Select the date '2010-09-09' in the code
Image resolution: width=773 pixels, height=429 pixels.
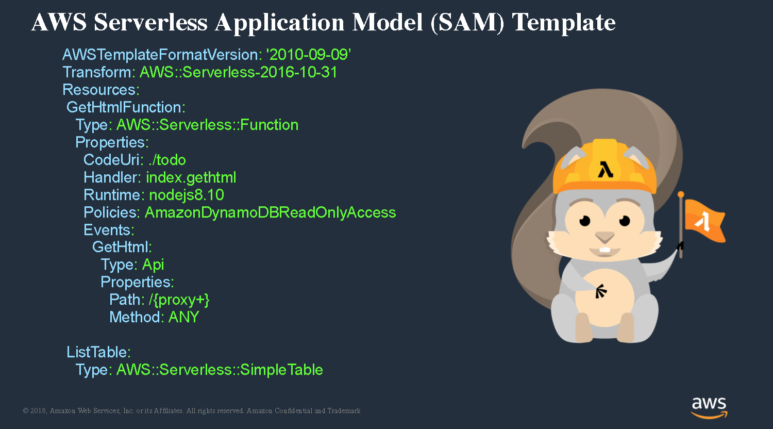click(309, 55)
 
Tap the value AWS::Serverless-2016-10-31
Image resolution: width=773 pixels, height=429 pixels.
click(239, 72)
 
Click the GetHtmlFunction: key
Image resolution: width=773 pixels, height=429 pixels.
click(126, 107)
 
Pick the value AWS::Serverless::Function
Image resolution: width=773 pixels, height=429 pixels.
click(207, 125)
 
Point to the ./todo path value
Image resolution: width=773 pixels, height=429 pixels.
click(167, 160)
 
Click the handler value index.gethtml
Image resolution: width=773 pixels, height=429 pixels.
click(191, 178)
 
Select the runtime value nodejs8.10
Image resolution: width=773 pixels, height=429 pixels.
click(187, 195)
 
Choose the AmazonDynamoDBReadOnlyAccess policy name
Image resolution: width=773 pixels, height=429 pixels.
click(270, 213)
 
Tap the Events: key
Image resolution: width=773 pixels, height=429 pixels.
click(109, 230)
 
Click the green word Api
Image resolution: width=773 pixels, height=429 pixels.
click(153, 265)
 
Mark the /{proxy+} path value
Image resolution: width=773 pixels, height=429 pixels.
click(179, 300)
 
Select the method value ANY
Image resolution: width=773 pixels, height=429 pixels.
click(183, 317)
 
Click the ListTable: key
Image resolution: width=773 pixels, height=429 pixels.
click(99, 352)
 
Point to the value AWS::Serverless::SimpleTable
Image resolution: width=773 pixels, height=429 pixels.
click(220, 370)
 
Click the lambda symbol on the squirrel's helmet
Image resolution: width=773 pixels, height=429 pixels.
click(606, 170)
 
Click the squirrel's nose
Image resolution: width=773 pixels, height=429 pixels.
click(605, 237)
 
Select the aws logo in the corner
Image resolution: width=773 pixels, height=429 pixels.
click(709, 408)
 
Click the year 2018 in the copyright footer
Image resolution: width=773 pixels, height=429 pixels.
click(38, 410)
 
